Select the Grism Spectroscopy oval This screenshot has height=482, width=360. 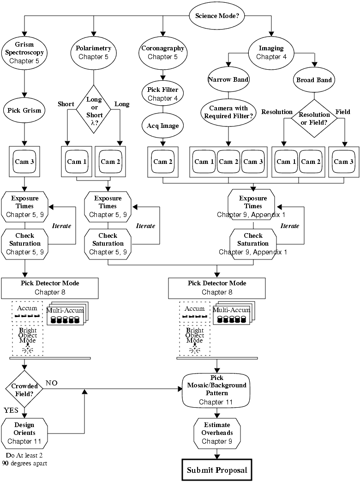[x=24, y=53]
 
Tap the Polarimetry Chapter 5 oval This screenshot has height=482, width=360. [x=94, y=52]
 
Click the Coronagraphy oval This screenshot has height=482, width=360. [x=162, y=52]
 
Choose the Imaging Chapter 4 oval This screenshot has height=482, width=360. [x=271, y=52]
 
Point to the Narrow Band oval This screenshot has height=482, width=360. [x=228, y=79]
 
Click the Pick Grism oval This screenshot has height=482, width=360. [x=24, y=110]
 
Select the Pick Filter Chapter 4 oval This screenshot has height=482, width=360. [x=162, y=93]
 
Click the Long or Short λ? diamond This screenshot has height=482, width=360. [x=94, y=109]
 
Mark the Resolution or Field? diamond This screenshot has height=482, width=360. [x=314, y=118]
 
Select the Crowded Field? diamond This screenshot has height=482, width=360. [x=24, y=389]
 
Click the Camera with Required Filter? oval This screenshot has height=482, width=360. [x=228, y=112]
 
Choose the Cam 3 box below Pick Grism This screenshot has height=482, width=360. [x=24, y=162]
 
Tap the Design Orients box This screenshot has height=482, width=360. [x=24, y=433]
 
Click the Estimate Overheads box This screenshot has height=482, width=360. [x=217, y=433]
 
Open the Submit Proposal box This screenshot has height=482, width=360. [x=216, y=470]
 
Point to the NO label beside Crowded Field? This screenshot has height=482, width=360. [x=51, y=383]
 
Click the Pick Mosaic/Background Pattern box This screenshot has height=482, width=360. [x=216, y=389]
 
